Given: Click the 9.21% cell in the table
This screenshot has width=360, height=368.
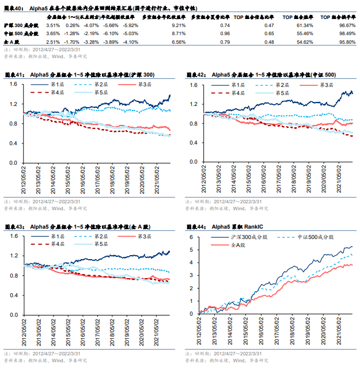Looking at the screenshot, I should (179, 26).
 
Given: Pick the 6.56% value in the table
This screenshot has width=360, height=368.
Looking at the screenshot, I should (179, 42).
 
